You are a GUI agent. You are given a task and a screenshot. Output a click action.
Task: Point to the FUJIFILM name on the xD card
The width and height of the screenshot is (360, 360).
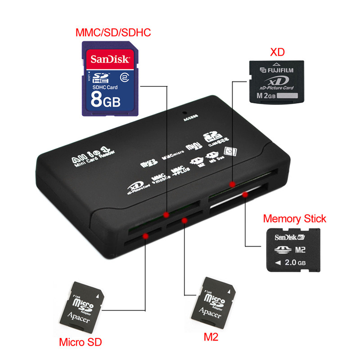pos(281,70)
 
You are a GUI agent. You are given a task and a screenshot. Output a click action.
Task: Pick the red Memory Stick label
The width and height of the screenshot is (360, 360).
pos(294,219)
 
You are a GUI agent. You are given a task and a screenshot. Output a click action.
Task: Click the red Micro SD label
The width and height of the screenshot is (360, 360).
pos(81,342)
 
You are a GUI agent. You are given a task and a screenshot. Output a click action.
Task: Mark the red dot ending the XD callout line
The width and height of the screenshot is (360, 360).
pos(232,184)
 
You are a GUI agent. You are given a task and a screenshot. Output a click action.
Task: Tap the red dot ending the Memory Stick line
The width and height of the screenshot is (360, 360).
pos(245,195)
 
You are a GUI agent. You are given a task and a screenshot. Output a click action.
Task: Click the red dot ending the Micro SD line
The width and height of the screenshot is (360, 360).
pos(145,235)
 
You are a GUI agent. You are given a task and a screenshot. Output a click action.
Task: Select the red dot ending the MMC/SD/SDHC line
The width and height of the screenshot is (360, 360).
pos(166,214)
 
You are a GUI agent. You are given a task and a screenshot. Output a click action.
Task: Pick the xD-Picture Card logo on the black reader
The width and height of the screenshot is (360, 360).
pos(135,188)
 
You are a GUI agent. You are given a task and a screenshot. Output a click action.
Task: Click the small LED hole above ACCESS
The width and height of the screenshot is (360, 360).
pos(184,111)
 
